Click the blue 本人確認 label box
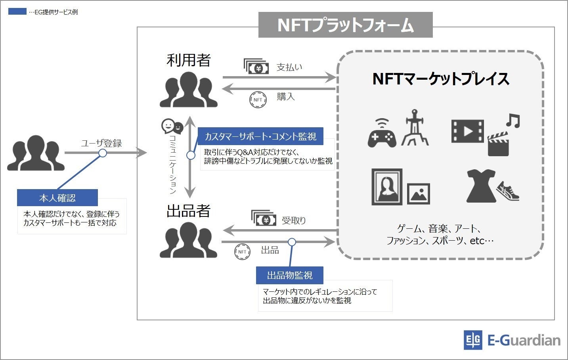click(x=57, y=198)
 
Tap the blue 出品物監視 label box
click(x=290, y=275)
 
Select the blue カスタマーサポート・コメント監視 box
click(x=260, y=136)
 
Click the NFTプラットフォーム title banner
click(x=345, y=25)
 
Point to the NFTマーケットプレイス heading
click(x=441, y=79)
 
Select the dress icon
click(x=481, y=186)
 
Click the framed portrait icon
click(x=387, y=187)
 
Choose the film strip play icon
click(x=468, y=131)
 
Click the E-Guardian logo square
click(x=473, y=340)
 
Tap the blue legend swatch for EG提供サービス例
click(x=17, y=12)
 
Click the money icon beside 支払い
click(x=256, y=67)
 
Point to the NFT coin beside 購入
click(x=258, y=100)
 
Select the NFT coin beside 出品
click(x=242, y=252)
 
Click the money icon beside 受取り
click(x=264, y=218)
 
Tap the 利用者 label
click(x=189, y=60)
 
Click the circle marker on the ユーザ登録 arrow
click(x=103, y=153)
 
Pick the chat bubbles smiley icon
click(x=172, y=126)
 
